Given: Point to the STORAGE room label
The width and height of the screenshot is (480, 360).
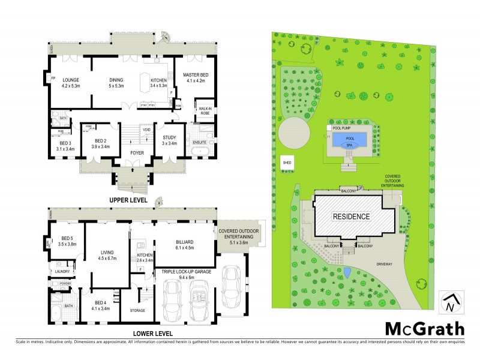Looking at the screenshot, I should [138, 310].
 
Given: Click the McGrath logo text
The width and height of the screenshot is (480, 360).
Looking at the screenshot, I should [424, 328].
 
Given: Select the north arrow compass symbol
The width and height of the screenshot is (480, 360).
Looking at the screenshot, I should [451, 302].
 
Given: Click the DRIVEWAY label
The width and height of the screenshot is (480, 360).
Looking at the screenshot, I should [385, 262].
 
